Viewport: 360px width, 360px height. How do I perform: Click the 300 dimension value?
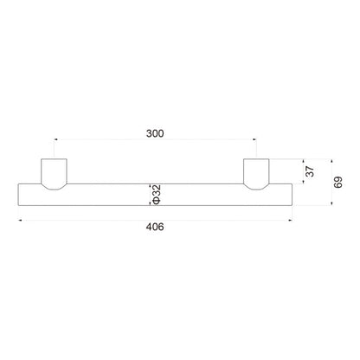(x=155, y=133)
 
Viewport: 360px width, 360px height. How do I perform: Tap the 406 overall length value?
(x=155, y=227)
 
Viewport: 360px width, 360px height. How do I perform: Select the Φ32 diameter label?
(x=156, y=194)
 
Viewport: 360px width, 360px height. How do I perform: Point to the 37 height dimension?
(x=310, y=171)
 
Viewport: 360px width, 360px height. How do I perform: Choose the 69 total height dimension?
(x=338, y=182)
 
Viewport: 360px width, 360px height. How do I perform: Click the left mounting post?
(x=55, y=174)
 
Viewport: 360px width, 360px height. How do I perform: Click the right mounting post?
(x=256, y=174)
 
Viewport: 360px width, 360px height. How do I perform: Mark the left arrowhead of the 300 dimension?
(x=55, y=139)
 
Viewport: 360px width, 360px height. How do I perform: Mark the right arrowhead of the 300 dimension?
(x=254, y=139)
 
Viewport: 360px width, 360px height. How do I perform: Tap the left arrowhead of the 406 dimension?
(x=20, y=221)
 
